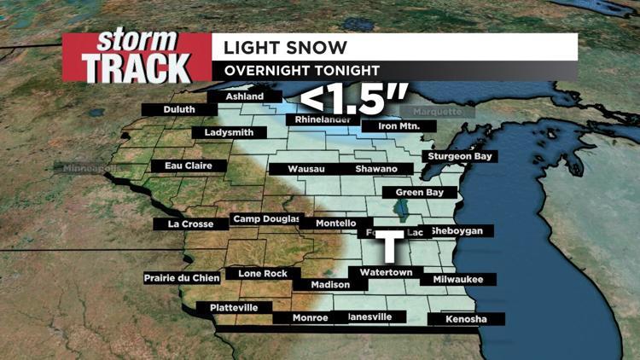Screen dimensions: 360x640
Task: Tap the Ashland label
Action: point(245,97)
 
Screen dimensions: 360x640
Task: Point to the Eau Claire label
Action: point(177,165)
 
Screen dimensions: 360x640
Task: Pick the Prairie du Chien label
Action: point(183,279)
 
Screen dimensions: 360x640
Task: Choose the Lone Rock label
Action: point(263,274)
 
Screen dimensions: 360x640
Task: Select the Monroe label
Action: point(310,318)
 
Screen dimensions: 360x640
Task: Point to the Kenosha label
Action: point(466,320)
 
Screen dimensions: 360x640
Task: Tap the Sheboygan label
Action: point(480,231)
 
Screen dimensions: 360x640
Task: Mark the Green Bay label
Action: point(419,193)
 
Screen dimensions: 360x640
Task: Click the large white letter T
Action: point(390,246)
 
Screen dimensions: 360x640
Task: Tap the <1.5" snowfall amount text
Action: point(352,100)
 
